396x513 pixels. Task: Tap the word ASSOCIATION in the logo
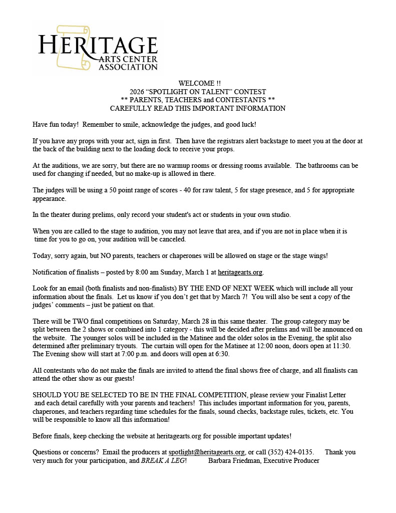128,67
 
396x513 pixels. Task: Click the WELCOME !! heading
199,83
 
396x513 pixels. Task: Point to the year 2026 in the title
137,91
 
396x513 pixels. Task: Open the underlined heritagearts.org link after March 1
240,273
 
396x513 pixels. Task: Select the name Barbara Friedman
232,460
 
